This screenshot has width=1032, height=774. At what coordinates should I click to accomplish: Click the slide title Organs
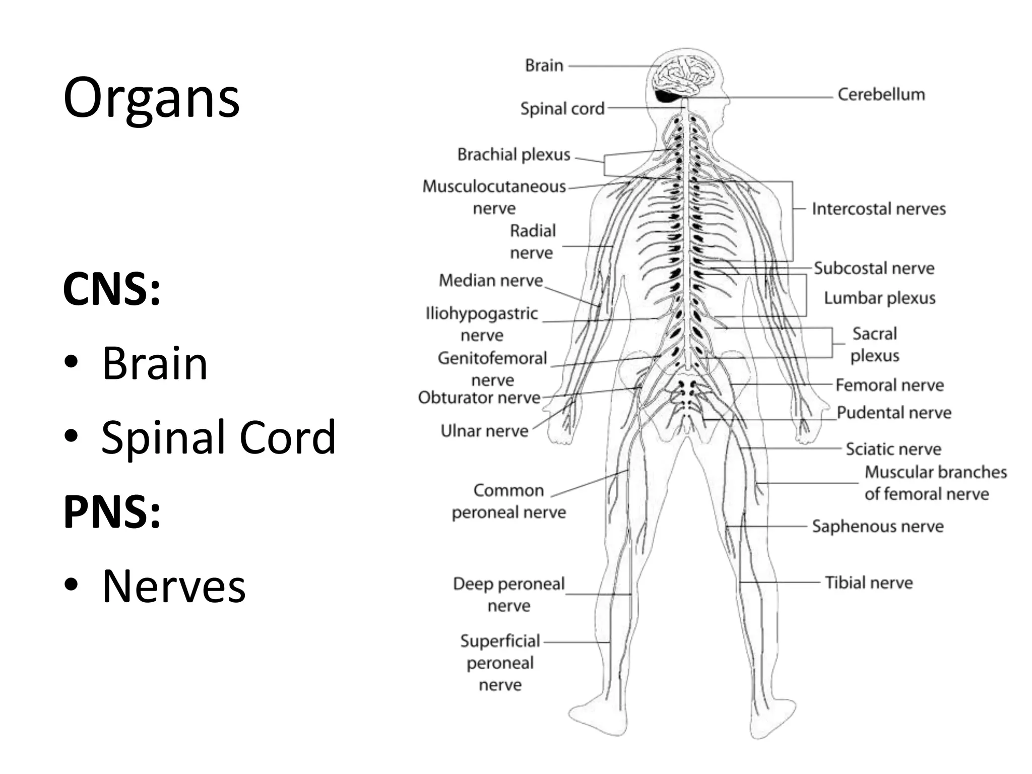[151, 98]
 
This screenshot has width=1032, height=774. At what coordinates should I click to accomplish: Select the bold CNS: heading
[112, 289]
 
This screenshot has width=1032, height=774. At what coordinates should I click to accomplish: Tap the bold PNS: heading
[112, 512]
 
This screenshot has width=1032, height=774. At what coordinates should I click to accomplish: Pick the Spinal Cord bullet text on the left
[218, 437]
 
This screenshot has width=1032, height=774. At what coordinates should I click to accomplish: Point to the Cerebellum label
[881, 94]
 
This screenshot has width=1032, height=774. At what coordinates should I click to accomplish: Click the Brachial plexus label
[513, 154]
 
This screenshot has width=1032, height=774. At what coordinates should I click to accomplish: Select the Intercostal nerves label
[878, 209]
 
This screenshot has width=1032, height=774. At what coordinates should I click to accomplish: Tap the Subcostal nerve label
[874, 268]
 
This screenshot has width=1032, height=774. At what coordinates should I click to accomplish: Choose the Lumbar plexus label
[879, 298]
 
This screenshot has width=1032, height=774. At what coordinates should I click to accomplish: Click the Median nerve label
[491, 280]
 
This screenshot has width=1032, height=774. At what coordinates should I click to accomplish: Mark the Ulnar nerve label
[484, 431]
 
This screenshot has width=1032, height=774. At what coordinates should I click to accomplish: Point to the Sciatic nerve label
[893, 448]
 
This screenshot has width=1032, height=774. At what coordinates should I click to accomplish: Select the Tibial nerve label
[869, 583]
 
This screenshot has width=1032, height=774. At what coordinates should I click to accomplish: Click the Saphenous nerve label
[877, 526]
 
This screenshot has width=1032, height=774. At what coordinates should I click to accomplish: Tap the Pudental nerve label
[894, 413]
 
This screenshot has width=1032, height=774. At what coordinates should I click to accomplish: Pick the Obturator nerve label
[479, 398]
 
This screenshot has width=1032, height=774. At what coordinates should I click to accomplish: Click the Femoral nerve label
[889, 385]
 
